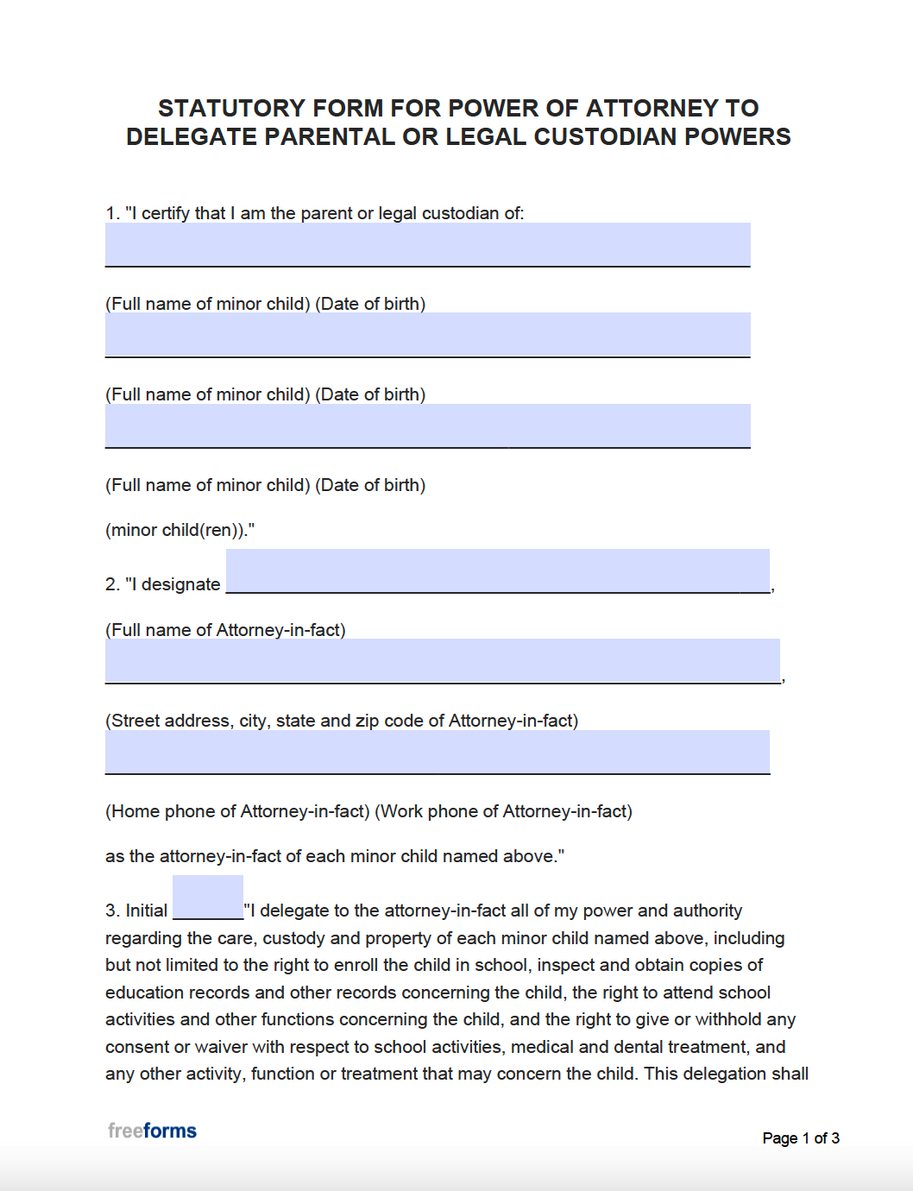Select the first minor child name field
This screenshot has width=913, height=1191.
tap(427, 245)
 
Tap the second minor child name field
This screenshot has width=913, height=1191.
tap(427, 335)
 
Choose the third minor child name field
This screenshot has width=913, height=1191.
tap(427, 425)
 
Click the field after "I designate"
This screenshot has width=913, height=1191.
tap(497, 571)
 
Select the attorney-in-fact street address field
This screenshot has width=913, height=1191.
tap(442, 661)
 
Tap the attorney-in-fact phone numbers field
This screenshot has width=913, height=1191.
tap(437, 752)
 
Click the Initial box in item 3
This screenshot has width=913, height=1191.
tap(208, 898)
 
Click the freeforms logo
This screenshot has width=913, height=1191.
tap(152, 1131)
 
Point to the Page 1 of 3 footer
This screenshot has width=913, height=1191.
tap(801, 1138)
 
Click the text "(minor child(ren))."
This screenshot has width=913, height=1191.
tap(179, 530)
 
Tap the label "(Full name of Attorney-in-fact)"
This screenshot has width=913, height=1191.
tap(225, 630)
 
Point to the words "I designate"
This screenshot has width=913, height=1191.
tap(177, 584)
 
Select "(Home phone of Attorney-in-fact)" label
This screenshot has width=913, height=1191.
tap(237, 811)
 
